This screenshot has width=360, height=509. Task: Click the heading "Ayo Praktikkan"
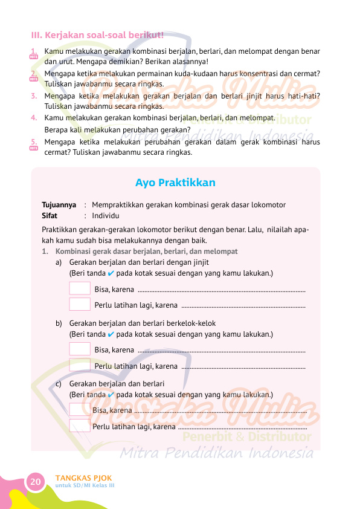175,183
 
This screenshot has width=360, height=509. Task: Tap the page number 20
35,481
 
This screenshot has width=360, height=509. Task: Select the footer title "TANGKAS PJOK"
84,478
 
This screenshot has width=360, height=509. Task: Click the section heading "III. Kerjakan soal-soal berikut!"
97,34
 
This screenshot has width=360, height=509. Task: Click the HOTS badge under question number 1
34,57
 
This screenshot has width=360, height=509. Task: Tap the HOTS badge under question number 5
34,147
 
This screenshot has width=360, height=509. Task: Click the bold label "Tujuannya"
59,204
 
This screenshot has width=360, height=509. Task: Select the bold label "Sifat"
50,215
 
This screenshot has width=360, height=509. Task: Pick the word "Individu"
106,215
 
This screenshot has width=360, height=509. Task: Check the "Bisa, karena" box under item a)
80,288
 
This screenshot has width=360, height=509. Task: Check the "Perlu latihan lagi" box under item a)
80,304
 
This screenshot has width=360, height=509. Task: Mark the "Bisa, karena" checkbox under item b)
80,349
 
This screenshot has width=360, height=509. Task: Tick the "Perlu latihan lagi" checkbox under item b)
80,365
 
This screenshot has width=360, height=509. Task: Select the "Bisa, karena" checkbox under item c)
80,410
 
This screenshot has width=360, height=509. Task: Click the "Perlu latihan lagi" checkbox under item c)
80,426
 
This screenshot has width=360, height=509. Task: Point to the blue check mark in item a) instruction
111,273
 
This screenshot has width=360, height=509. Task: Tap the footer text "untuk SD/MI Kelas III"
85,486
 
